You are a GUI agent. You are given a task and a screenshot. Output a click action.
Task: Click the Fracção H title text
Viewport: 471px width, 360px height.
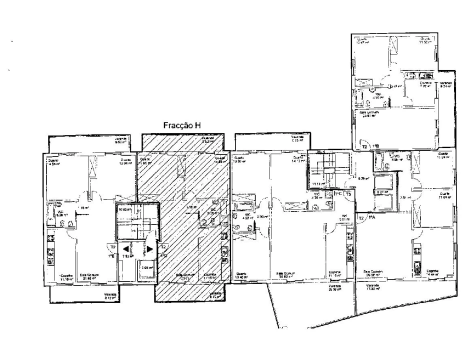(x=182, y=126)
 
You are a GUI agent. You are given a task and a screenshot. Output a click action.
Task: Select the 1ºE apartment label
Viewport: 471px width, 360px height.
(x=113, y=256)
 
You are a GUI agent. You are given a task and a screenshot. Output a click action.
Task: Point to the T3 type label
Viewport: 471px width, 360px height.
(x=348, y=193)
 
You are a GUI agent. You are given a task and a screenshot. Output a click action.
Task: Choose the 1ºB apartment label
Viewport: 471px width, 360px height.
(x=375, y=147)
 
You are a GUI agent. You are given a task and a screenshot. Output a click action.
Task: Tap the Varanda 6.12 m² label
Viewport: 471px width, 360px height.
(x=110, y=296)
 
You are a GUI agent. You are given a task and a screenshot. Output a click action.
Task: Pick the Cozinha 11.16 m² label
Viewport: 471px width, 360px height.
(x=66, y=277)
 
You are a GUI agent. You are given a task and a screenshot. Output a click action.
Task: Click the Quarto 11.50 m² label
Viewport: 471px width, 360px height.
(x=425, y=40)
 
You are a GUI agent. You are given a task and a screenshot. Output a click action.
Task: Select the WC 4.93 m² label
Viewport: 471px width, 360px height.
(x=376, y=96)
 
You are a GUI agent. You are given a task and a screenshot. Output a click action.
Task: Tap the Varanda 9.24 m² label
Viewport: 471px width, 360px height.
(x=445, y=84)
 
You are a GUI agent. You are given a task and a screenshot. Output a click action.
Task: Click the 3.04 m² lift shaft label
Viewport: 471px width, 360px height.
(x=147, y=268)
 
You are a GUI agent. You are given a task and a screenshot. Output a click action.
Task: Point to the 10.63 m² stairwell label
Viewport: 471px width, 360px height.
(x=124, y=210)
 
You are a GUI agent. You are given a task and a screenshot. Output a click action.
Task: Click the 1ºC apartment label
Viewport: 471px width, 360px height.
(x=338, y=193)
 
